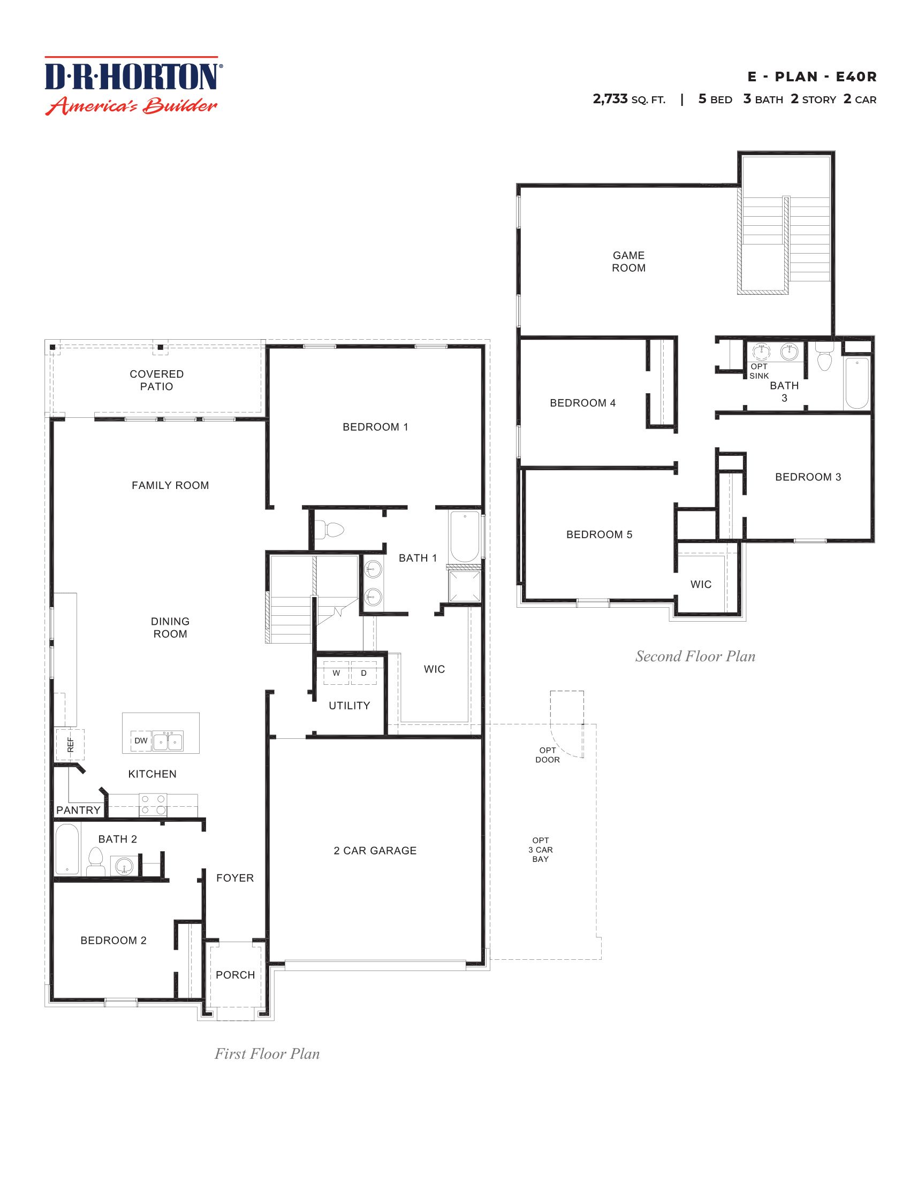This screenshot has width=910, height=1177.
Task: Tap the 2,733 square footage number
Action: [610, 99]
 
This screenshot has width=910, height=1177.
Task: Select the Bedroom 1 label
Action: [375, 427]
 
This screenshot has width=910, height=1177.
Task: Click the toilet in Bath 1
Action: [329, 530]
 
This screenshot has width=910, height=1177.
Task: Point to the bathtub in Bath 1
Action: [464, 537]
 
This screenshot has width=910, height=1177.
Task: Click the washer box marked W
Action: [336, 673]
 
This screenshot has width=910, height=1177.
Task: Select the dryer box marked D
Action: [364, 673]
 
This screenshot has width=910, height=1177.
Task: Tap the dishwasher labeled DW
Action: [141, 740]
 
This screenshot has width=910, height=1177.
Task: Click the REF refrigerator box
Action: [70, 745]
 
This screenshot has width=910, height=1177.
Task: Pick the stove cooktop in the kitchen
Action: [153, 805]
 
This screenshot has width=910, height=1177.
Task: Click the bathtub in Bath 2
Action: [67, 849]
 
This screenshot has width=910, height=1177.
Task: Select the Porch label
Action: [235, 975]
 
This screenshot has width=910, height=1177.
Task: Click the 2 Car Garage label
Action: [375, 851]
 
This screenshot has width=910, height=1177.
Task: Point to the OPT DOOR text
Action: [547, 754]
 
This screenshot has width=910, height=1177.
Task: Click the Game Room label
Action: [628, 262]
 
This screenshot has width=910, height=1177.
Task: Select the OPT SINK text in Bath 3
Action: [759, 371]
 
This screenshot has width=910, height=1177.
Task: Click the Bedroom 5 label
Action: [599, 534]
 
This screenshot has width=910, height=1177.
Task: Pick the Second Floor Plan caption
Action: [695, 656]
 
